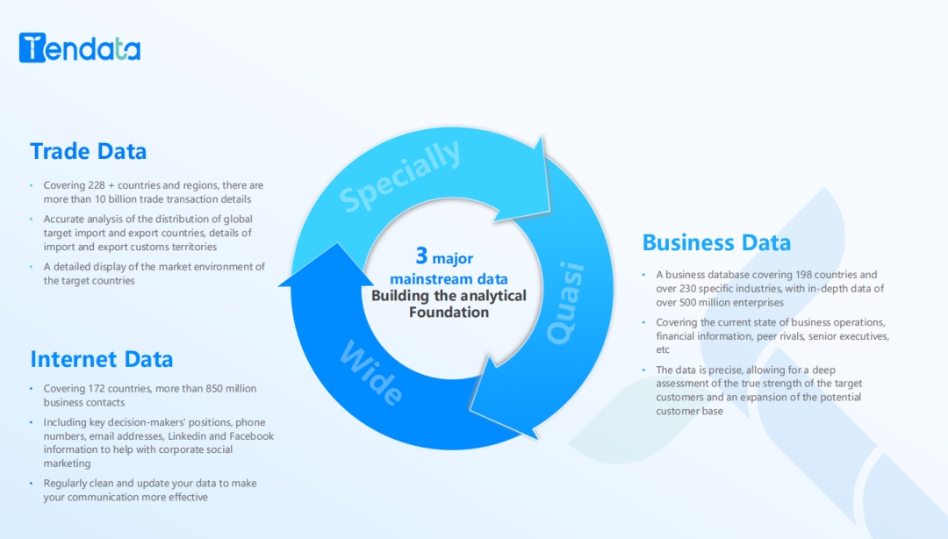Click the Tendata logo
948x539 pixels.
pos(79,48)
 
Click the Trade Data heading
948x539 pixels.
pos(88,151)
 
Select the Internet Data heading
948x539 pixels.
pos(101,359)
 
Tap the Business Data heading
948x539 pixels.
pos(716,242)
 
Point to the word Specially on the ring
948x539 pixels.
pos(400,176)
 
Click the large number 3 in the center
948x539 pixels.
pos(422,255)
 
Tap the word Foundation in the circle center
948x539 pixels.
pos(449,312)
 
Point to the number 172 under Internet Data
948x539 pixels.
pos(96,389)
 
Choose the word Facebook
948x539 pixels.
pos(249,436)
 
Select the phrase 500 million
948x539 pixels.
pos(699,302)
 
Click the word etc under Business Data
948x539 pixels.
pos(663,349)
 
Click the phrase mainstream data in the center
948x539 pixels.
pos(449,279)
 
